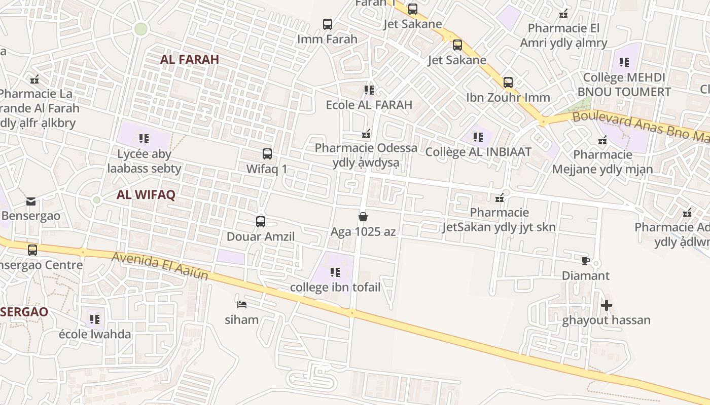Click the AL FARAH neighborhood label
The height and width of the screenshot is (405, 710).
[x=189, y=59]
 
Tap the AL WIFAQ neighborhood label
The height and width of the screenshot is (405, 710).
[x=146, y=195]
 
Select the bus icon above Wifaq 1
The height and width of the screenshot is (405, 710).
[x=267, y=154]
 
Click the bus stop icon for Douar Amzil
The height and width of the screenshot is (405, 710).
[x=260, y=222]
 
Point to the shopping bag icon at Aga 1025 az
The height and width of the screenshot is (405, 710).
[x=363, y=217]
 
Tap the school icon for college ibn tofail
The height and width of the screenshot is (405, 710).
[x=335, y=272]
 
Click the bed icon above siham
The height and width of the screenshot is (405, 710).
[x=242, y=304]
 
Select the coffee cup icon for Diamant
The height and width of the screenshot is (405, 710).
[x=586, y=261]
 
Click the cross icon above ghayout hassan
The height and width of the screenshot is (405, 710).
[x=606, y=305]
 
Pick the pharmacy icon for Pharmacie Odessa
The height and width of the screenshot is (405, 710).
[x=366, y=134]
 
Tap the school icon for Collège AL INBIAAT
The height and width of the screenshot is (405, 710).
[x=478, y=137]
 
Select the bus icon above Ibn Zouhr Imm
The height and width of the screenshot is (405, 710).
[x=508, y=83]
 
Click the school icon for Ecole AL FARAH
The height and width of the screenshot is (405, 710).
[x=369, y=90]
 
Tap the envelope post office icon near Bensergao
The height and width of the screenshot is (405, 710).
[x=31, y=201]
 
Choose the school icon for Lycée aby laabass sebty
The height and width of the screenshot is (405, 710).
[x=144, y=138]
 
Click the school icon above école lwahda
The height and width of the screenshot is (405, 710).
[x=95, y=319]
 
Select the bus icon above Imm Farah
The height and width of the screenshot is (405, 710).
[x=328, y=24]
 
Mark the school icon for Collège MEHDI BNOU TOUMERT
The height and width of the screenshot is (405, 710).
[x=624, y=62]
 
